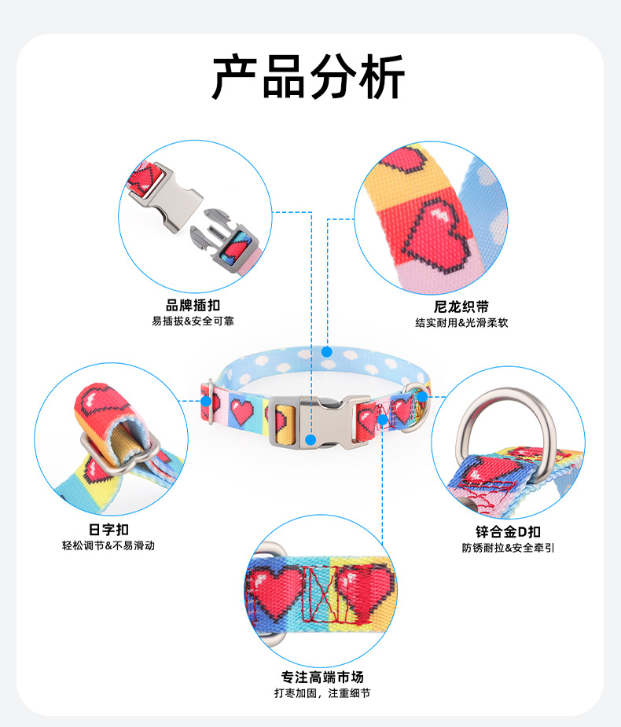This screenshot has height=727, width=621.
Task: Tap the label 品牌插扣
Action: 193,306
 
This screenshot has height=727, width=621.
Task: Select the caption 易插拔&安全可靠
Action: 193,321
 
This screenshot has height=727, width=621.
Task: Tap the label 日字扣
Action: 108,530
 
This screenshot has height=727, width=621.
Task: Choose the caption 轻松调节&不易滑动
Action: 108,545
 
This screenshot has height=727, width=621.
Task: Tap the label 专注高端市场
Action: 322,677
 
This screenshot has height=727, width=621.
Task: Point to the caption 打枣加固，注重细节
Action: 322,693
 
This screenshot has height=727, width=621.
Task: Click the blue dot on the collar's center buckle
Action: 312,439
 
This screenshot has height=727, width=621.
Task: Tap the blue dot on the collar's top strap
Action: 327,351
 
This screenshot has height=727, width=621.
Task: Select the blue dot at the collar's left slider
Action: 206,401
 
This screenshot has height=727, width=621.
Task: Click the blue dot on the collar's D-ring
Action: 422,396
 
